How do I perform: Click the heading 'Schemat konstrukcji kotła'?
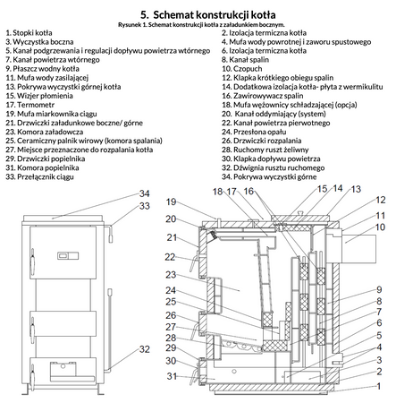(215, 14)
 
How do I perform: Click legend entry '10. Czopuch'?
(241, 69)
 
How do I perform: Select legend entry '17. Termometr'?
(30, 105)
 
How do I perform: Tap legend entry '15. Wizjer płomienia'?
(39, 96)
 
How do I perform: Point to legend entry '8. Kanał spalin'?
(245, 60)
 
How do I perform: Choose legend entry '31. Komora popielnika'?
(42, 167)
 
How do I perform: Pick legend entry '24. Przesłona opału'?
(254, 132)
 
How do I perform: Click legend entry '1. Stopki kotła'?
(29, 33)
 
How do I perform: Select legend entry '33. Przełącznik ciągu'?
(39, 176)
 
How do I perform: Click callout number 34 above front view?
(145, 193)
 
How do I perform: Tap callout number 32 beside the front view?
(145, 349)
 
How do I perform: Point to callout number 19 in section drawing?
(171, 201)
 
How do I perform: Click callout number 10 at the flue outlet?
(380, 227)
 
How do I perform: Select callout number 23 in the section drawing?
(171, 275)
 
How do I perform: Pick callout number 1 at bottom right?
(379, 386)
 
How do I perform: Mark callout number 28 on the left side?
(171, 338)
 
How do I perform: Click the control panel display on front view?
(68, 255)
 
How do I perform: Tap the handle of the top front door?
(31, 259)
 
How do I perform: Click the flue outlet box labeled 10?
(358, 249)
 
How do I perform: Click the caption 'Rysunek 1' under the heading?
(130, 24)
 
